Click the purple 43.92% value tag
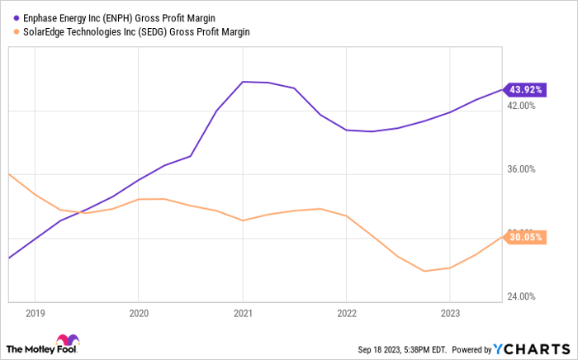(527, 89)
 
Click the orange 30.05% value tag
(527, 237)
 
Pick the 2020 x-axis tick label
(138, 314)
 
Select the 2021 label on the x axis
(242, 314)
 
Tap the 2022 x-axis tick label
(346, 314)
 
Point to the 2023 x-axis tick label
(449, 314)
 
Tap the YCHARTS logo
(533, 348)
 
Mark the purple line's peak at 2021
(243, 82)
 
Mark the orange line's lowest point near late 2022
(424, 271)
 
